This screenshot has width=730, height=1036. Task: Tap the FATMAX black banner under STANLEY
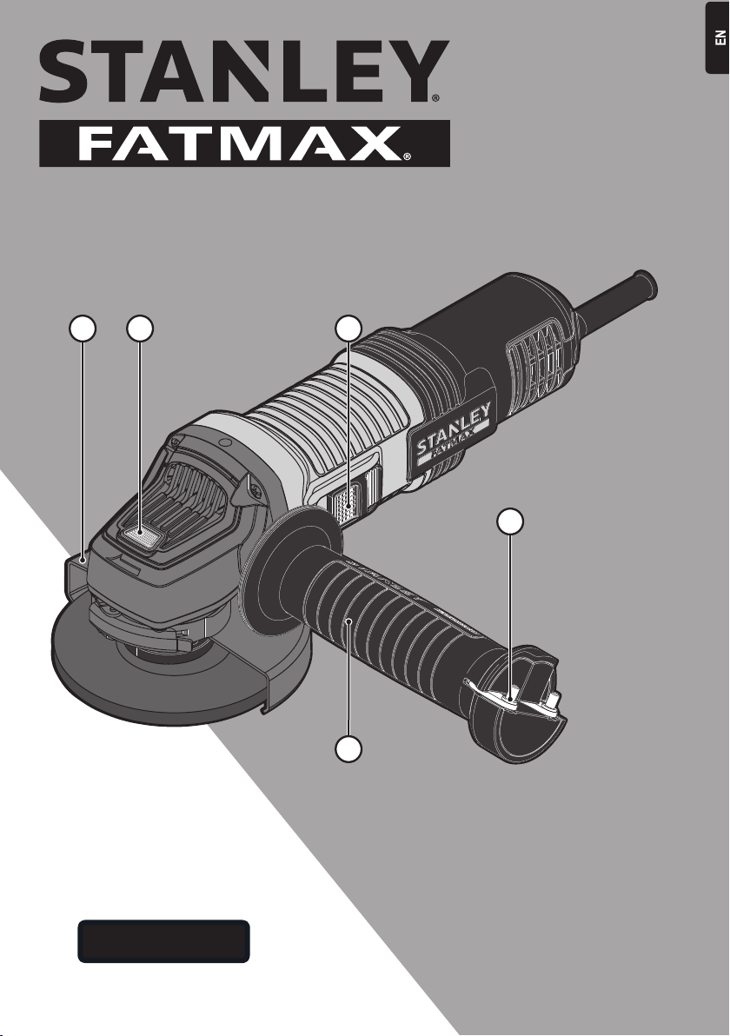(244, 143)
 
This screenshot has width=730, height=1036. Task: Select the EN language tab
(718, 38)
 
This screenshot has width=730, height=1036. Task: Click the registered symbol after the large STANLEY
(435, 98)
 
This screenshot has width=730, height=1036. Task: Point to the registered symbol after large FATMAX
(407, 156)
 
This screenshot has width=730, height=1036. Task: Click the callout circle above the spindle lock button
(140, 329)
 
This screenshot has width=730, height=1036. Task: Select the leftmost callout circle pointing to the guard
(83, 329)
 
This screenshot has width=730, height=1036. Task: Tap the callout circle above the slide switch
(348, 329)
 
